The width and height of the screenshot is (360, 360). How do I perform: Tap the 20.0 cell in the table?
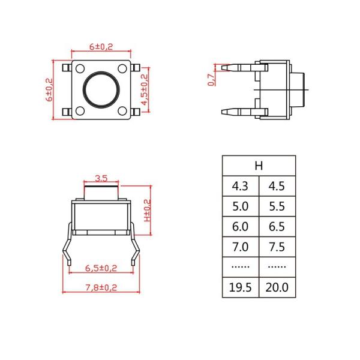pos(277,287)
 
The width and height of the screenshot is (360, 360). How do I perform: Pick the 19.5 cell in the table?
pos(240,287)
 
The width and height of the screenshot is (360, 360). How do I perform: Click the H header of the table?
pos(259,166)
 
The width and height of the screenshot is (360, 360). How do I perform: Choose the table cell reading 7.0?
pos(240,247)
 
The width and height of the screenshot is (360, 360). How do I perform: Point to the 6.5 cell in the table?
pos(277,226)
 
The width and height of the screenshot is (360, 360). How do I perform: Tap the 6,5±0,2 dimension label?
pos(101,268)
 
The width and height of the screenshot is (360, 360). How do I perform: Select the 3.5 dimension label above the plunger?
pos(101,178)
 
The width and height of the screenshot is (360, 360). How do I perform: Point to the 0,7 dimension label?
pos(211,79)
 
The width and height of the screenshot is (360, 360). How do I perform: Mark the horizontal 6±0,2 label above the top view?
pos(101,46)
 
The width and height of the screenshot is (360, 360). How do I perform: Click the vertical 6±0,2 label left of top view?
pos(50,91)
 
